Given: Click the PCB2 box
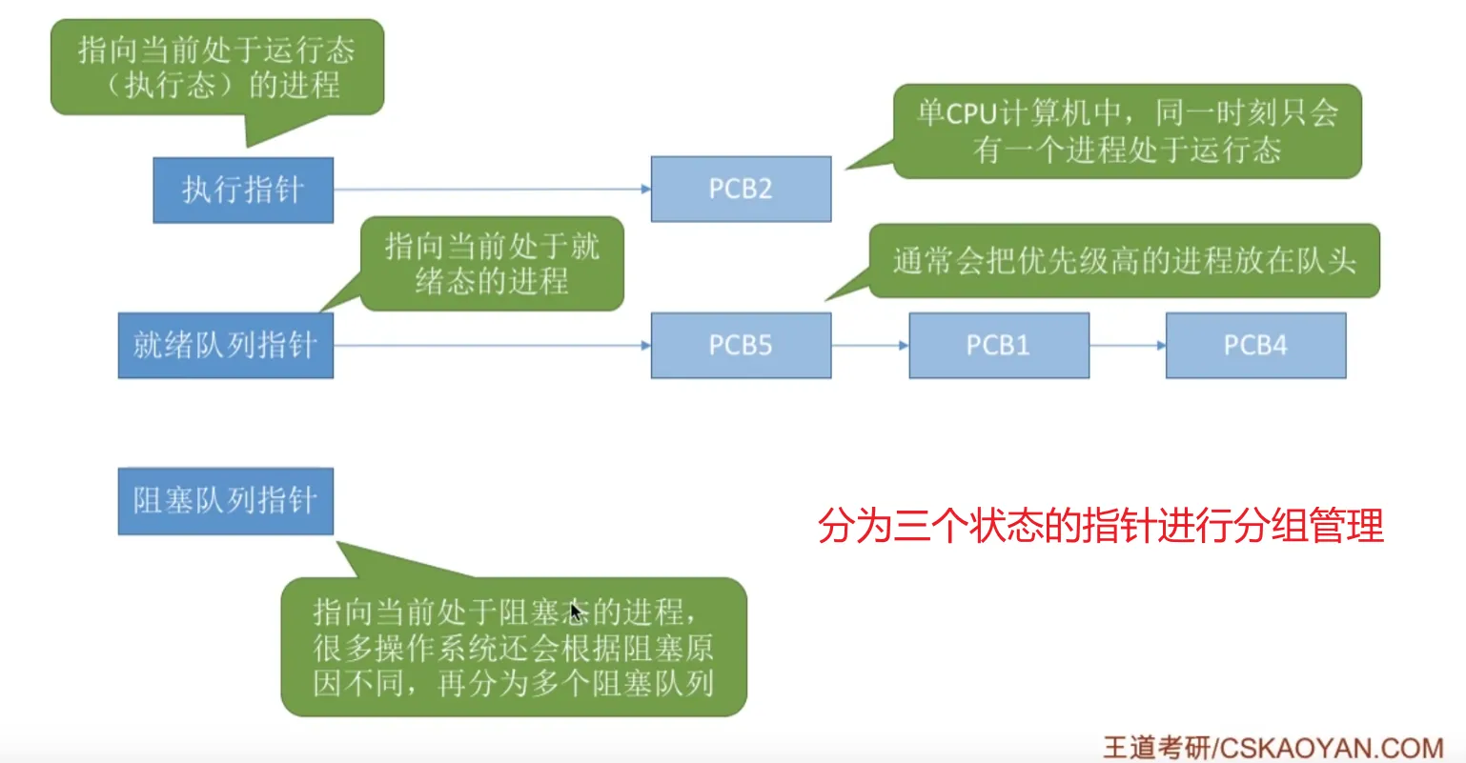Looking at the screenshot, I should (741, 189).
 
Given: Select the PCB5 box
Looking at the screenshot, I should (741, 345).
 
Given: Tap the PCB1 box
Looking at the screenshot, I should (998, 345).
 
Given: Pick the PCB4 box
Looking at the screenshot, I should (1255, 345).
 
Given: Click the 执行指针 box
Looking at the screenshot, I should (243, 190).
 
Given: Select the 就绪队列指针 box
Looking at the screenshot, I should (225, 345).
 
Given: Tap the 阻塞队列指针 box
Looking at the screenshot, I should (225, 501).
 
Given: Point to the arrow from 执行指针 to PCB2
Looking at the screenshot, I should (491, 189).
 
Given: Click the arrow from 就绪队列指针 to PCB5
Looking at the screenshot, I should (491, 345).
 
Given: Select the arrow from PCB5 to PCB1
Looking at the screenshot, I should (869, 345).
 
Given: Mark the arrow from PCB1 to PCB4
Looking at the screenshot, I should (1127, 345).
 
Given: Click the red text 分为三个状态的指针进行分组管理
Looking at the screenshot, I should (1101, 525).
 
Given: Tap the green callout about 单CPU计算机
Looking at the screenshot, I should (1127, 131).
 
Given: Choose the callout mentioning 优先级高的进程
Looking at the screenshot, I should (1124, 261).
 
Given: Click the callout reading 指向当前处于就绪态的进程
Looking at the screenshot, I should (491, 264).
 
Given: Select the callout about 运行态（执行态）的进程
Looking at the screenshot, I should (216, 67).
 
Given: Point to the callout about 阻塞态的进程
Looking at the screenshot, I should (513, 647).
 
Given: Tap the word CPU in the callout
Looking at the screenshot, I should (970, 113).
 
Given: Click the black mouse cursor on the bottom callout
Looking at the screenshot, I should (575, 611).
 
